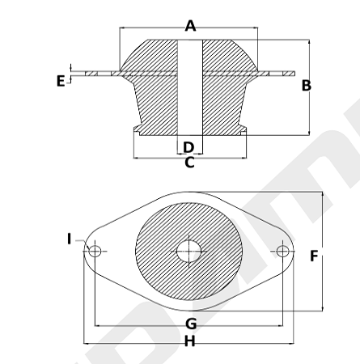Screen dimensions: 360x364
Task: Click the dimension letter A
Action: coord(190,26)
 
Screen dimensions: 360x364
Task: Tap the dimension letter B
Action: coord(307,86)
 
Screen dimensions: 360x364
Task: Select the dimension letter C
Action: coord(189,163)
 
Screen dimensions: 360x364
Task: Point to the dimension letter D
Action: coord(188,147)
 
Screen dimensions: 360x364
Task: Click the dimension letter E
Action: coord(61,81)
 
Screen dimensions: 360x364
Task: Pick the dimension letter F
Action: coord(314,256)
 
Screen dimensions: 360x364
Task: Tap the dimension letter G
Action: coord(191,324)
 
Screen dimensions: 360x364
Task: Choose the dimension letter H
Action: coord(190,341)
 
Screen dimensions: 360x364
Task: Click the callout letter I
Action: coord(70,239)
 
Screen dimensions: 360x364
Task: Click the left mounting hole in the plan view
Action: coord(95,252)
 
